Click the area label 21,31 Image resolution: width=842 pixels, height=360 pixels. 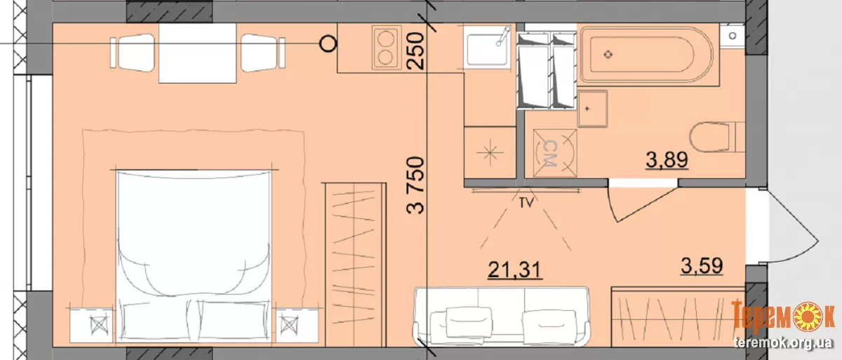pos(514,269)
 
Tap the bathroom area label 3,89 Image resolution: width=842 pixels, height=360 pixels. pos(667,160)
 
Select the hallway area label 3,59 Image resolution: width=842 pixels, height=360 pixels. pos(702,266)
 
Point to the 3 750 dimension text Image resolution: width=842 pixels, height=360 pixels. pos(415,186)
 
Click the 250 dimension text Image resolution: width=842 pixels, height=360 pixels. pos(415,51)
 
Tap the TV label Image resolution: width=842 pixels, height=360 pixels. pos(526,203)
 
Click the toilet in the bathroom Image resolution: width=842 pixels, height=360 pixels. pos(717,137)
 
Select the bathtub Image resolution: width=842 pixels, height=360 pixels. pos(646,55)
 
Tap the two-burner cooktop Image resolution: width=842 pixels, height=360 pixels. pos(387,48)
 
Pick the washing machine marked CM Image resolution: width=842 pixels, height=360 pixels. pos(555,153)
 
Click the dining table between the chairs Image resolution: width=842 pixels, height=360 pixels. pos(197,53)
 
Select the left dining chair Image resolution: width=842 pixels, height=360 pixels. pos(133,53)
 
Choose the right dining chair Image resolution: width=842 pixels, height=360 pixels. pos(263,53)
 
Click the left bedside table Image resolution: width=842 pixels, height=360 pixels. pos(92,326)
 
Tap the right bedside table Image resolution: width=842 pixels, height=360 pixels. pos(297,326)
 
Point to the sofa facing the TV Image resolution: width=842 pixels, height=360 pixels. pos(501,316)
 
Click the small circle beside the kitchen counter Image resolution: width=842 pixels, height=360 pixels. pos(328,44)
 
